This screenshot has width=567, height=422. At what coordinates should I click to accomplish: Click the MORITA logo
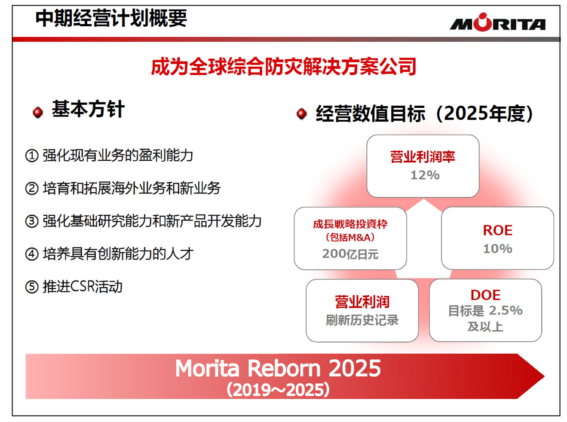(x=497, y=22)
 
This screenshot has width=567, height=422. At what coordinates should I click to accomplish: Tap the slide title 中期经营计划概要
(x=111, y=18)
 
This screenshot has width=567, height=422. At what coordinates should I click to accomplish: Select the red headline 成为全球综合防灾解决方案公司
(x=284, y=67)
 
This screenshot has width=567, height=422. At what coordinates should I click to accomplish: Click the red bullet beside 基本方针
(x=38, y=112)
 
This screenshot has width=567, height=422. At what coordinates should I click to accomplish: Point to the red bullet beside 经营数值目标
(x=302, y=114)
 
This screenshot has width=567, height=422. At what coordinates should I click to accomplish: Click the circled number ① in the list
(x=32, y=156)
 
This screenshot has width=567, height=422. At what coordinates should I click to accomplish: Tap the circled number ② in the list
(x=32, y=188)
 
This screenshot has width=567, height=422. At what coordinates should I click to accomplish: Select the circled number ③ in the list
(x=32, y=221)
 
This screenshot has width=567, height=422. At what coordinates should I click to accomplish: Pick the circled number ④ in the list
(x=32, y=254)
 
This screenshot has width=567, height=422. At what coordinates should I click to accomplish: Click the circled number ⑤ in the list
(x=32, y=287)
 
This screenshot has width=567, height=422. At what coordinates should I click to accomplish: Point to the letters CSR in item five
(x=82, y=286)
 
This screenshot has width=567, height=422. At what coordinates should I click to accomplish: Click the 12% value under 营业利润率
(x=425, y=175)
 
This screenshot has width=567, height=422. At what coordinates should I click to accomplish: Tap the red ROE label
(x=497, y=230)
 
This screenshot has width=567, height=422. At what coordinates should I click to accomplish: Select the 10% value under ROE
(x=497, y=249)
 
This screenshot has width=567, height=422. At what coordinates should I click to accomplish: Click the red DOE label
(x=485, y=295)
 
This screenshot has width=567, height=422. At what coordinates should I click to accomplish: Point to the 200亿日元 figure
(x=350, y=254)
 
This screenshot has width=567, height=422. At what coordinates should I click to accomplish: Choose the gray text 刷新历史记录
(x=362, y=320)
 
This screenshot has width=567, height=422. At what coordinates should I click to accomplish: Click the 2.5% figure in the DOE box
(x=506, y=311)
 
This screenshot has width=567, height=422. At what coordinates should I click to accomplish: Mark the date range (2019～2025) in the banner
(x=278, y=390)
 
